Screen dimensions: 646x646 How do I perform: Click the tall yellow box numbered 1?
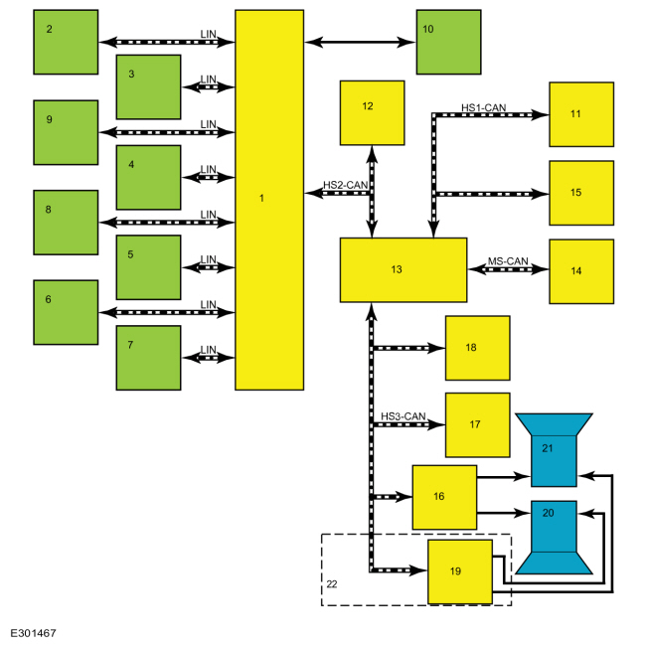(269, 200)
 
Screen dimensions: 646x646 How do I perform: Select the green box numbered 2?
(66, 42)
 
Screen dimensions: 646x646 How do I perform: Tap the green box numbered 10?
(448, 42)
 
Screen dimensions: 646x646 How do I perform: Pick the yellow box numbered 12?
(372, 113)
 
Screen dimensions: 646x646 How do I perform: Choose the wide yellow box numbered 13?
(404, 270)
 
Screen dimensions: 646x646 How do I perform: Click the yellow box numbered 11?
(581, 114)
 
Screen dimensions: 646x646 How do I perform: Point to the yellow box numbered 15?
(581, 193)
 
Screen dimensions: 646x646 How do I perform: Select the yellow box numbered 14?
(581, 271)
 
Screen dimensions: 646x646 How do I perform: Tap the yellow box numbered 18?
(477, 348)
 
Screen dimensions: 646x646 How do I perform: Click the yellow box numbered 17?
(477, 424)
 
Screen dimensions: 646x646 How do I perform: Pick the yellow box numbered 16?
(444, 497)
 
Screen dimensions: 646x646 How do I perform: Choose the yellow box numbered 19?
(460, 571)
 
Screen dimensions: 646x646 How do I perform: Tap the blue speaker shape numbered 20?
(554, 536)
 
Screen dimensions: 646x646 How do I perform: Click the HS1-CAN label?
(483, 107)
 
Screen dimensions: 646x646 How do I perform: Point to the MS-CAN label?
(508, 261)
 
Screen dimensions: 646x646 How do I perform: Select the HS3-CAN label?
(403, 416)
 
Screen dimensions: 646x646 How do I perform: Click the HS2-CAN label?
(345, 185)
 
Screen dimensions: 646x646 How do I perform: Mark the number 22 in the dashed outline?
(332, 583)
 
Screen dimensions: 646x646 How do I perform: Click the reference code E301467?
(33, 633)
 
